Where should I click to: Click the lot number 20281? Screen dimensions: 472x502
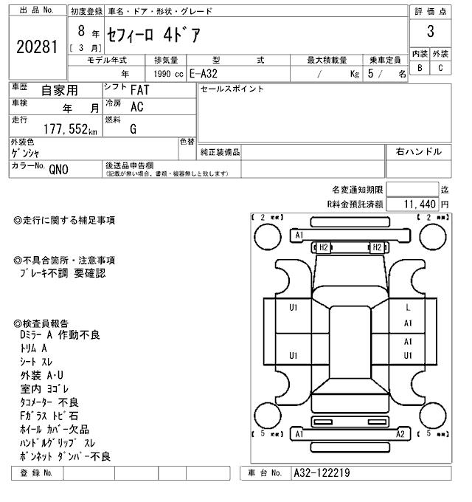pyautogui.click(x=36, y=47)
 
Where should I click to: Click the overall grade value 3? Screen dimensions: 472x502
pyautogui.click(x=430, y=32)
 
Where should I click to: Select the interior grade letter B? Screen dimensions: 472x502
pyautogui.click(x=420, y=68)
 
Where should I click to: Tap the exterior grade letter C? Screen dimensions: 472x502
pyautogui.click(x=440, y=68)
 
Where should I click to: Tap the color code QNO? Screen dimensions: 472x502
pyautogui.click(x=58, y=169)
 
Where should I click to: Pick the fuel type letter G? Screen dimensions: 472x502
pyautogui.click(x=133, y=129)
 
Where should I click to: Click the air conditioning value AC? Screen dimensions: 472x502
pyautogui.click(x=136, y=106)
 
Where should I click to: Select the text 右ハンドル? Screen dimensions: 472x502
pyautogui.click(x=418, y=152)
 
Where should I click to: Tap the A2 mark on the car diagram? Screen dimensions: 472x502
pyautogui.click(x=400, y=434)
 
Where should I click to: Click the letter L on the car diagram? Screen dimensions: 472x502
pyautogui.click(x=408, y=307)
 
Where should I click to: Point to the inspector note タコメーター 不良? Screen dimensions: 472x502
pyautogui.click(x=49, y=402)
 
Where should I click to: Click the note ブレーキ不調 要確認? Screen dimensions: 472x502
pyautogui.click(x=63, y=273)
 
